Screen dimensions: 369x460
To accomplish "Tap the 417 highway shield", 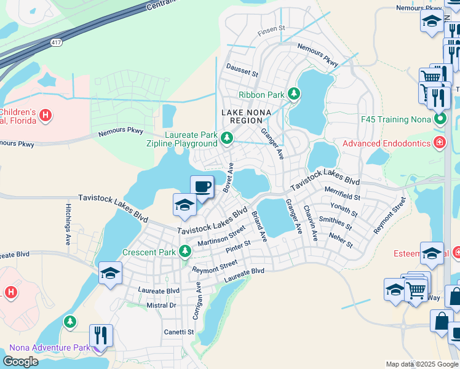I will coord(56,42).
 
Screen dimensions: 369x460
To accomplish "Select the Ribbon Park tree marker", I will coord(295,94).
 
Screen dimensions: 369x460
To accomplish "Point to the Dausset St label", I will coord(242,71).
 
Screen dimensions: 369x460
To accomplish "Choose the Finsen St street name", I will coord(272,28).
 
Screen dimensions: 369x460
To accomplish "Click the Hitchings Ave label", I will coord(66,225).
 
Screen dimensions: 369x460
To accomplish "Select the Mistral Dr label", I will coord(161,305).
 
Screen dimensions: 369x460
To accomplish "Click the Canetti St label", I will coord(178,332).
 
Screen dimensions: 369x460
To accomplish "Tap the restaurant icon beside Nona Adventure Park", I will coord(101,335).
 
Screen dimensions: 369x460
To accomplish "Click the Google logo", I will coord(20,362).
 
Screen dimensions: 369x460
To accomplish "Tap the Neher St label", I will coord(341,240).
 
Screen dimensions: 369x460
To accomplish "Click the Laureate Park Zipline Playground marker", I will coord(226,140).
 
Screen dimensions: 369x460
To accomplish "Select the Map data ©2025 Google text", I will coord(421,364).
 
